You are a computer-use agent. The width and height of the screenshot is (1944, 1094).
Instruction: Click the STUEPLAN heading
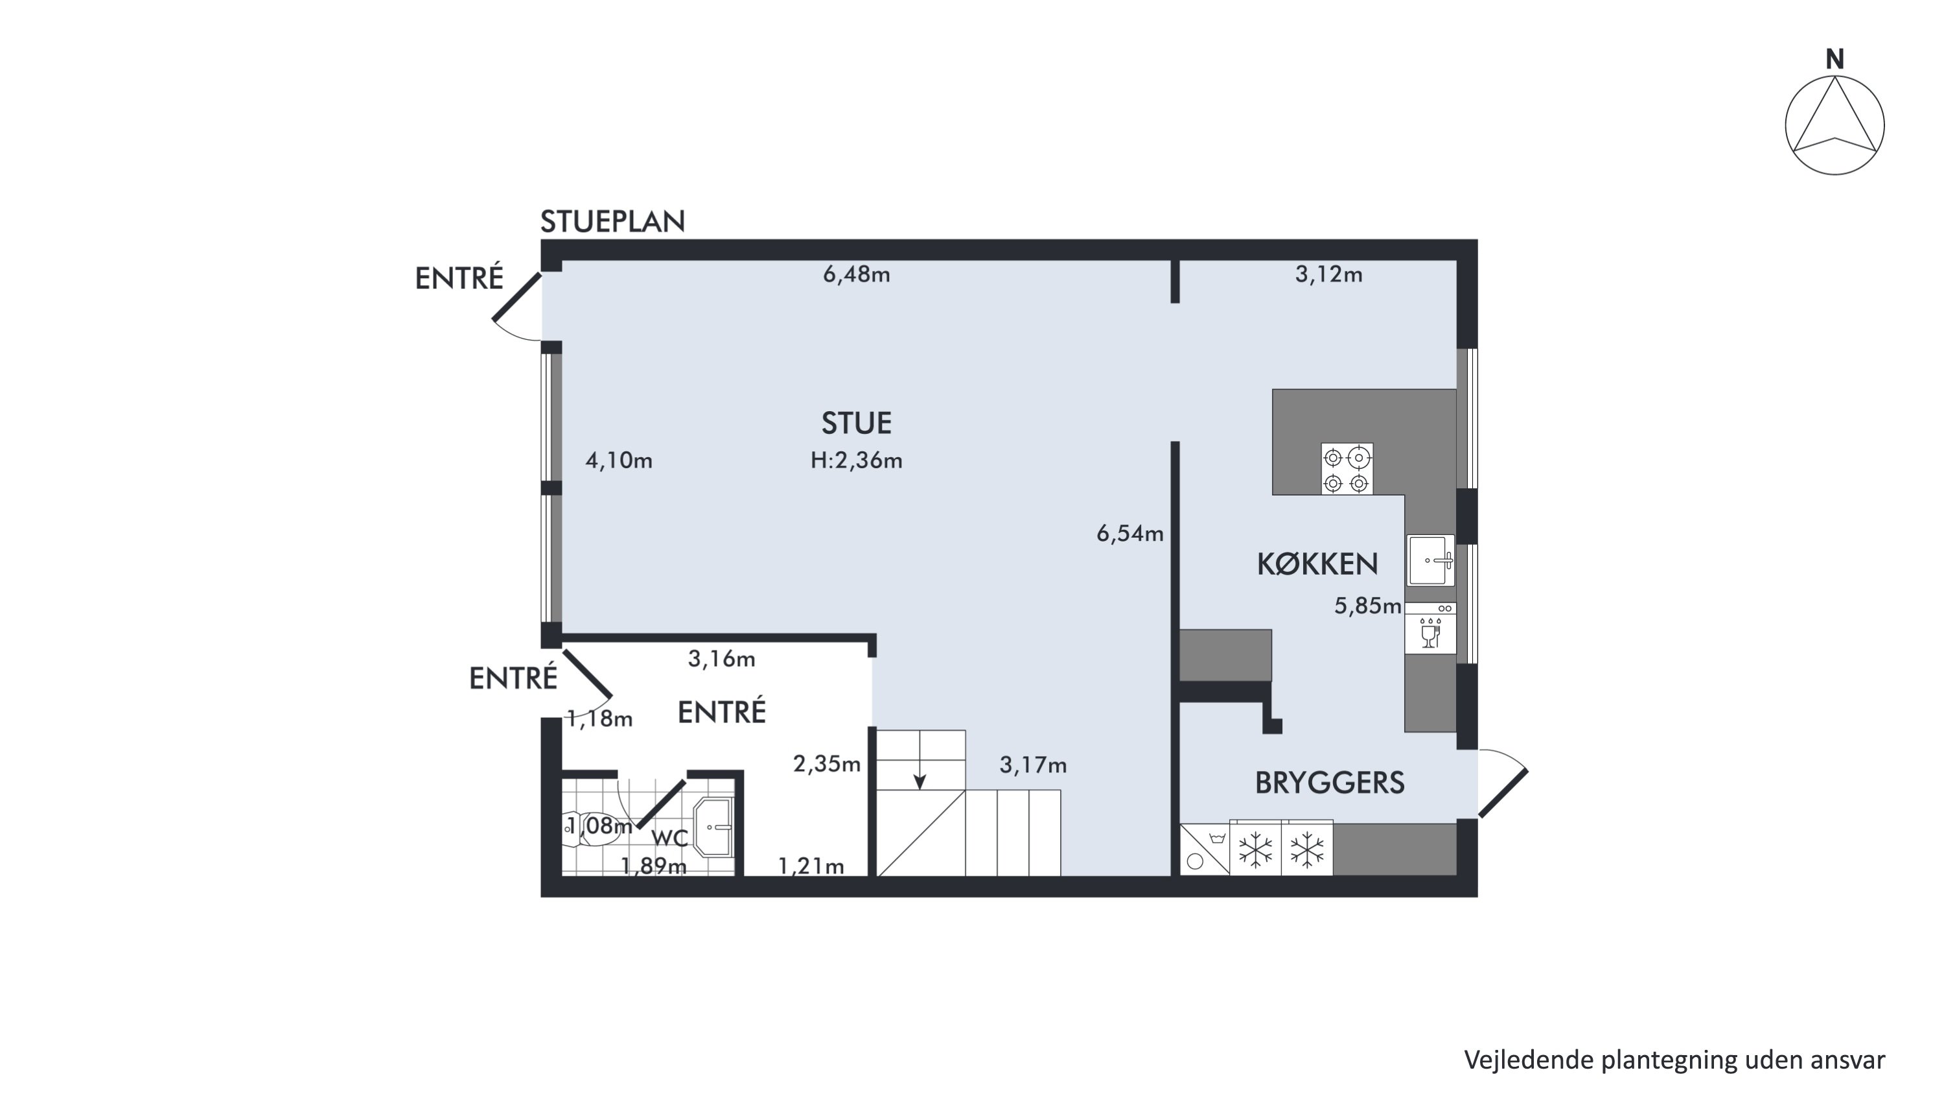(612, 221)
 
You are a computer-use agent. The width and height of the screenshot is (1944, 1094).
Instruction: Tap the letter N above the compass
(1834, 59)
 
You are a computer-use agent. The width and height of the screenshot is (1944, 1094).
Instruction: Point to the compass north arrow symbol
(1834, 125)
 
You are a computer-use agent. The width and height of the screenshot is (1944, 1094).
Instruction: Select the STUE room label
(857, 423)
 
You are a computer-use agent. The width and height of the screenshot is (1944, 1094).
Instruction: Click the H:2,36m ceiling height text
(857, 460)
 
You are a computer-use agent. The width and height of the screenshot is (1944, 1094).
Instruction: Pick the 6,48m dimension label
(857, 274)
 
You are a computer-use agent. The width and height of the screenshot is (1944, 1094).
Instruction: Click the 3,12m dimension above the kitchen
(1329, 274)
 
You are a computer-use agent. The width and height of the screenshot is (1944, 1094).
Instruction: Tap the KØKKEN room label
(1317, 564)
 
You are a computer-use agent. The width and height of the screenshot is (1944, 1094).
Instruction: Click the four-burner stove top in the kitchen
(1347, 469)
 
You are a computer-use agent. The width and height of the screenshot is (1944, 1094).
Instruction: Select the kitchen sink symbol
(1431, 560)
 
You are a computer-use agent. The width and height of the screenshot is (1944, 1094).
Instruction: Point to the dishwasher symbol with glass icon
(1430, 627)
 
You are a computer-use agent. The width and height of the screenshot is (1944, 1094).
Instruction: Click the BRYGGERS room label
(1330, 783)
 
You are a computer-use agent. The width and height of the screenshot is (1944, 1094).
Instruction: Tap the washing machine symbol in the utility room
(1205, 850)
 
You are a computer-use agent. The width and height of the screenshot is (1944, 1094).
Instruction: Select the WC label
(669, 837)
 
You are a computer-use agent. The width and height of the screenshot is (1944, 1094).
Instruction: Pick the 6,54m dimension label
(1129, 534)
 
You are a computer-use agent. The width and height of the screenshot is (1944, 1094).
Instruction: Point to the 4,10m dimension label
(619, 460)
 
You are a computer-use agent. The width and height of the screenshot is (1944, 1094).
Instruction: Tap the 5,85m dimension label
(1367, 606)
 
